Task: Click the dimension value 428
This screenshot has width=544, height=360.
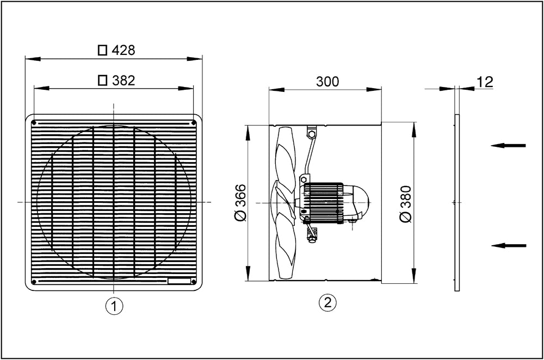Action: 123,51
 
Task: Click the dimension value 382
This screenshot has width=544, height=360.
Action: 123,80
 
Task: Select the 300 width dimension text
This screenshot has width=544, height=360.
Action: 327,82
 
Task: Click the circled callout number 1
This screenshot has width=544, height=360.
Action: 114,306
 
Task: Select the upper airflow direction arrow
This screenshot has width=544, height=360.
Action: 508,145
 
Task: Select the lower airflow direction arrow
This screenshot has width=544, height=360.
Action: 508,245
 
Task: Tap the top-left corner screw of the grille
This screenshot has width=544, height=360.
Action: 34,122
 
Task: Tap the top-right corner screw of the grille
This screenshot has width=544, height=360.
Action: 194,122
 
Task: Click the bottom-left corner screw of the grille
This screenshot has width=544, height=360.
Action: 34,282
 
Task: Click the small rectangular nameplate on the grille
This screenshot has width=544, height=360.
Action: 180,281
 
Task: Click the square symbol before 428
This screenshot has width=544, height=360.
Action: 102,51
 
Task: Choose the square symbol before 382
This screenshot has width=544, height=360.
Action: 102,80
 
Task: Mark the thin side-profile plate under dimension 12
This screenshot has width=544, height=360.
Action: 457,202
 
